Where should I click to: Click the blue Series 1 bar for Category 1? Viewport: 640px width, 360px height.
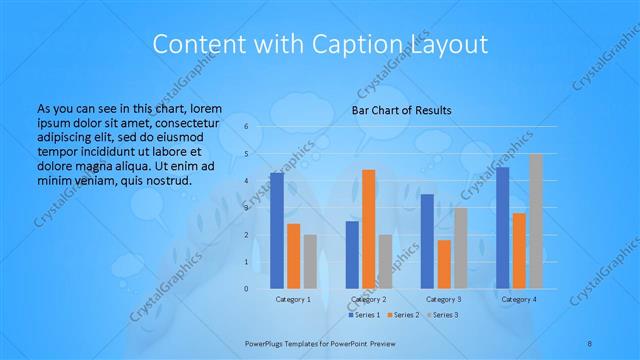pos(277,231)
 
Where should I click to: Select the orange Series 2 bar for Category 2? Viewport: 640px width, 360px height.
pos(368,229)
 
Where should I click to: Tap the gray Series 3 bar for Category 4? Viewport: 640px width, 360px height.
pos(535,221)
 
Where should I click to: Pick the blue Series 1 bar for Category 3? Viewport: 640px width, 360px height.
pos(427,241)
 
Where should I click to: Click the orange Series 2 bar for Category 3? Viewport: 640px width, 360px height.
pos(443,264)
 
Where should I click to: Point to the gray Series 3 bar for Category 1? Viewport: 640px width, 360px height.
pos(310,262)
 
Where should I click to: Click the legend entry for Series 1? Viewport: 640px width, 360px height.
pos(364,315)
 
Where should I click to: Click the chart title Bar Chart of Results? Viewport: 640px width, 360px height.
pos(401,110)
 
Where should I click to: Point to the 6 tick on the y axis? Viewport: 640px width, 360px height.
pos(246,127)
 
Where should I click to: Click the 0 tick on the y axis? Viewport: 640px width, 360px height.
pos(246,289)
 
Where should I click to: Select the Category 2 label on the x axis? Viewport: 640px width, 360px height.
pos(368,299)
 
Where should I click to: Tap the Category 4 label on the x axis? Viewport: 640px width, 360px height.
pos(518,299)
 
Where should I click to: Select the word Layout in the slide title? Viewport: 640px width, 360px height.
pos(445,44)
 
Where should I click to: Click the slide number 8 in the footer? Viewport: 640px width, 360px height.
pos(591,342)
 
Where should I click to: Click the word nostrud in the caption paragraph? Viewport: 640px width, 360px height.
pos(166,181)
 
